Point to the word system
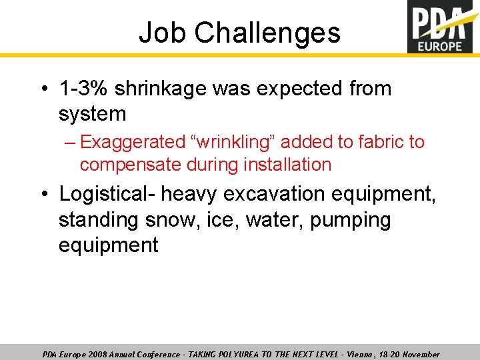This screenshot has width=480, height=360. (x=92, y=114)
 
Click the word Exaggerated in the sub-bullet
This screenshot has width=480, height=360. (x=132, y=142)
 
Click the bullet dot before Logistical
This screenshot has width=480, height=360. (x=43, y=194)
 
